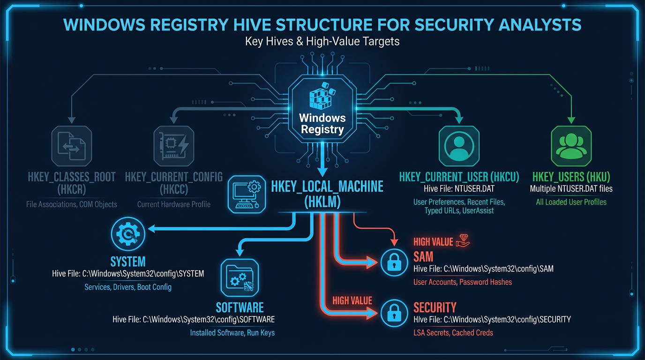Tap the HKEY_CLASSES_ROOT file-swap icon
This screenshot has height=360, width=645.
[x=72, y=146]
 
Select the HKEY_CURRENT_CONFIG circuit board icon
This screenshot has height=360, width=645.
[x=173, y=146]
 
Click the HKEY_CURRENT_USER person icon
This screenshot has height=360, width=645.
[x=459, y=146]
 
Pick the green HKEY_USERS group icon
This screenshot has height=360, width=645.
[x=571, y=146]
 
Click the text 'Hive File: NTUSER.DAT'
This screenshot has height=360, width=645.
[x=459, y=189]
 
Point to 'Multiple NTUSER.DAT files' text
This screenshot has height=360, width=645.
[x=571, y=189]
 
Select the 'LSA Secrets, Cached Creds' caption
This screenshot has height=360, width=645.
[x=453, y=333]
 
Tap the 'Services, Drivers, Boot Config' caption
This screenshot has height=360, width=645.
[x=128, y=287]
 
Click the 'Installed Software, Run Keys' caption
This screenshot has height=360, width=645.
[x=232, y=333]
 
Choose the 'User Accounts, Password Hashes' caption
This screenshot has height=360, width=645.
[x=462, y=282]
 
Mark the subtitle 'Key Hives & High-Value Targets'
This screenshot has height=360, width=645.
[x=322, y=41]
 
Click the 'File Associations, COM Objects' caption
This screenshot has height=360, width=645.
[x=72, y=204]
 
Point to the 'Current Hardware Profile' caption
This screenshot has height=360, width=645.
[x=173, y=204]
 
